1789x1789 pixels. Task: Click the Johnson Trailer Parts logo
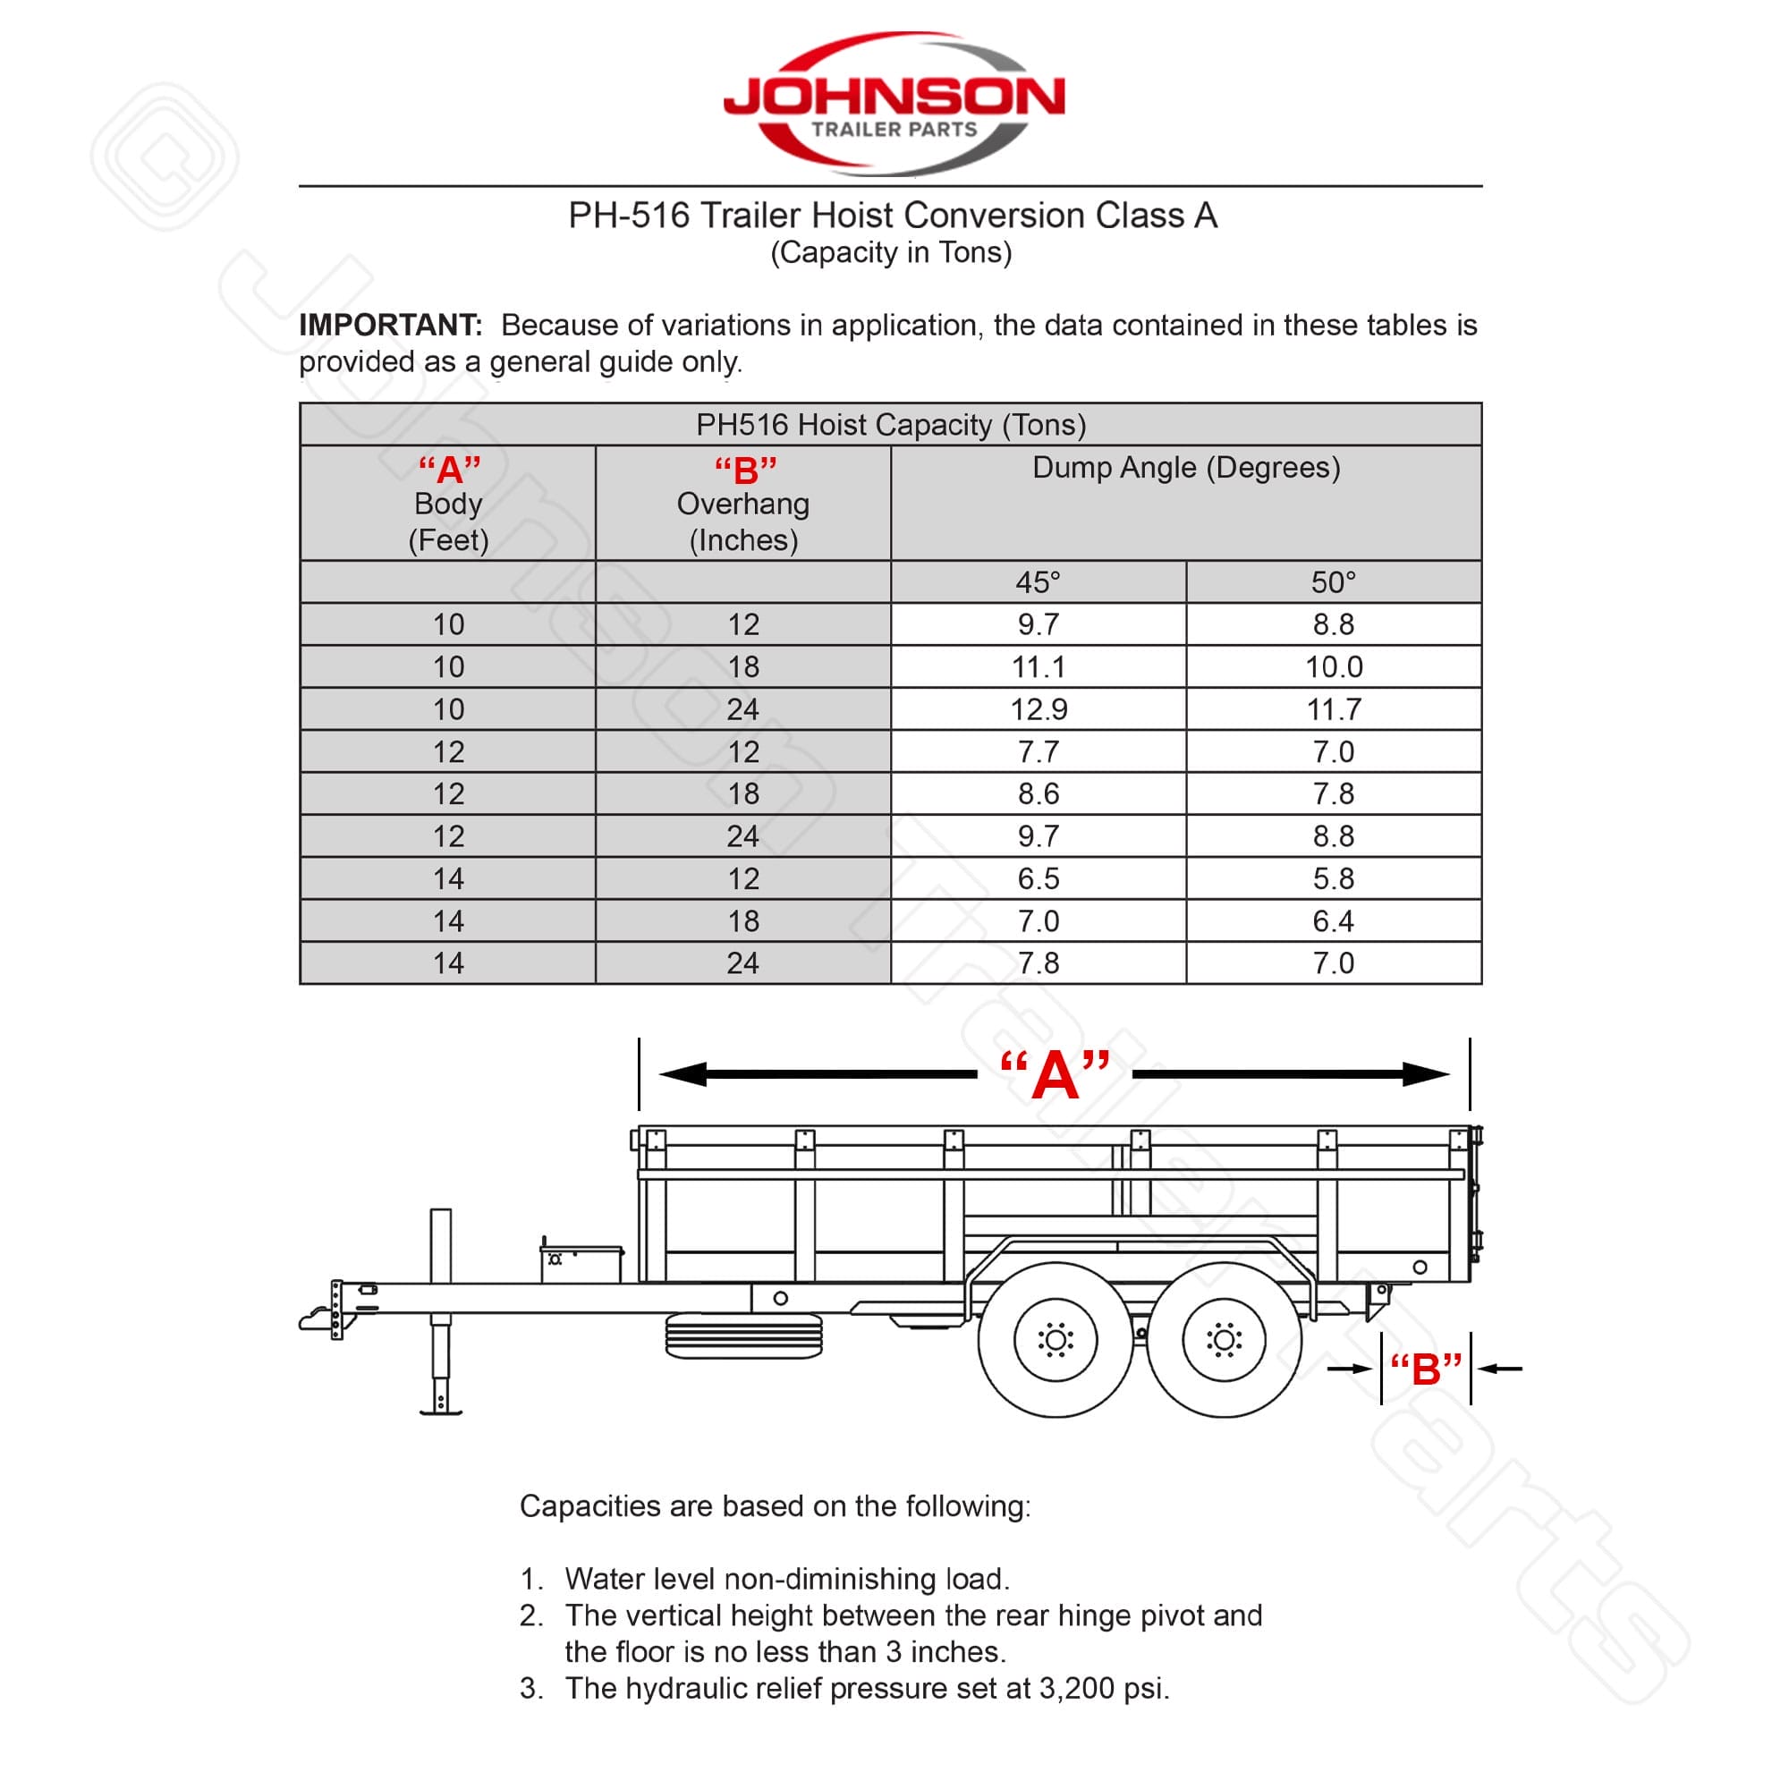click(x=894, y=103)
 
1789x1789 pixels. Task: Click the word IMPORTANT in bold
click(x=390, y=325)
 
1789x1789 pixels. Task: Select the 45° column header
click(x=1038, y=582)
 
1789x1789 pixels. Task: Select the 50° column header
click(x=1334, y=582)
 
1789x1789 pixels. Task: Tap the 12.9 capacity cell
click(x=1038, y=709)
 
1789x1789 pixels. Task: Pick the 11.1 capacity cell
click(x=1038, y=666)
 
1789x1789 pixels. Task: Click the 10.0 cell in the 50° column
click(x=1334, y=666)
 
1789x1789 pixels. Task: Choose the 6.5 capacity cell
click(x=1038, y=878)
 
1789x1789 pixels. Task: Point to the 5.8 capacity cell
click(x=1334, y=878)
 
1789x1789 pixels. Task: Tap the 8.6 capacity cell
click(x=1038, y=793)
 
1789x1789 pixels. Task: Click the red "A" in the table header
click(x=449, y=470)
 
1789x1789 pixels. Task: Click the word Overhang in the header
click(x=742, y=504)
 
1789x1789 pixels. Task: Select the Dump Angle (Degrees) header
click(x=1185, y=468)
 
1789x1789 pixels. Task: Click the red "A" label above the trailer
click(x=1055, y=1076)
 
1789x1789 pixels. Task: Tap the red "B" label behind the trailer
click(x=1425, y=1369)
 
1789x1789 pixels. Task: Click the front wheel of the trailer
click(x=1056, y=1339)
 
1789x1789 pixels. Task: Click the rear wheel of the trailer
click(x=1223, y=1339)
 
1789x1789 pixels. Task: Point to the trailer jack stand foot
click(x=441, y=1410)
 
